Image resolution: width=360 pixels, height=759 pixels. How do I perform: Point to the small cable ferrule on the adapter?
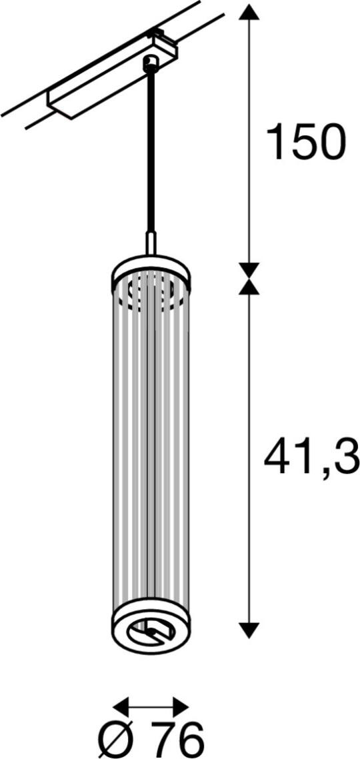[x=151, y=63]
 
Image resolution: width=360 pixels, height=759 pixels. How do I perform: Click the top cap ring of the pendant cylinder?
[x=151, y=267]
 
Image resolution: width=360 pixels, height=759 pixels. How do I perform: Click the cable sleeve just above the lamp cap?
[x=151, y=243]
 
